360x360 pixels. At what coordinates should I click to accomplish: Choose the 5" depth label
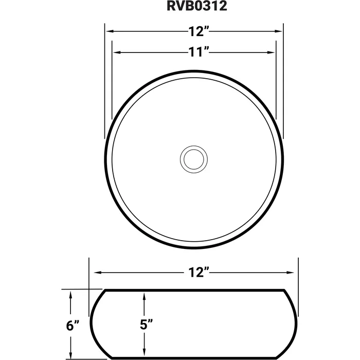(147, 325)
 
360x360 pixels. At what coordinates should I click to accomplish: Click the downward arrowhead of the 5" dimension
(146, 355)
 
